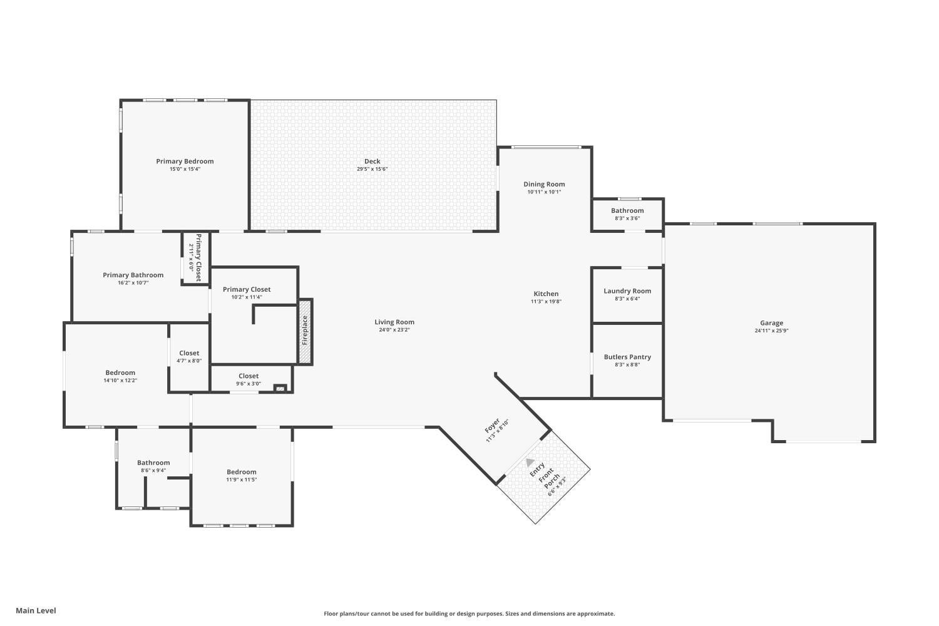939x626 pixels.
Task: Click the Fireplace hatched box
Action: tap(305, 332)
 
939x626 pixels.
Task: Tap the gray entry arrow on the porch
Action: tap(530, 461)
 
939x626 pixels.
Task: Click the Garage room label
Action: tap(771, 323)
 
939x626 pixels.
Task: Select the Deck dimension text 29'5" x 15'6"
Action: tap(372, 169)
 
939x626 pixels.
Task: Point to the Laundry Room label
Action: tap(627, 291)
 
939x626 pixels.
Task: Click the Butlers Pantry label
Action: tap(627, 357)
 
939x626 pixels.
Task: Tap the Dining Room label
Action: tap(544, 184)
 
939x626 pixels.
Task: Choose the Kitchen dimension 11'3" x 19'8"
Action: tap(546, 301)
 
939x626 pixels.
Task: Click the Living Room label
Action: tap(394, 322)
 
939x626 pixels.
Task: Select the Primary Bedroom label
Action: tap(185, 162)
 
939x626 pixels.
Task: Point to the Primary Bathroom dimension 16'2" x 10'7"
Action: tap(133, 282)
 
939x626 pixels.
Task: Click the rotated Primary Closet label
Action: tap(198, 257)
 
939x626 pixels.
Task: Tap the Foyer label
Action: tap(492, 425)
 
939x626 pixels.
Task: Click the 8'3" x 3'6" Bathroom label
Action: tap(627, 210)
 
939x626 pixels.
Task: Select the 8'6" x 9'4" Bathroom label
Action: tap(153, 463)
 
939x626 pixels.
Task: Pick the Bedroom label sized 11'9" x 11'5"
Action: tap(242, 472)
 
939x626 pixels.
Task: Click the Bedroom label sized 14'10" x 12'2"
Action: tap(120, 372)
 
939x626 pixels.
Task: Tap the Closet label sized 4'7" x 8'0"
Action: tap(189, 353)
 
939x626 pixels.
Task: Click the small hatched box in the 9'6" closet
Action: tap(280, 388)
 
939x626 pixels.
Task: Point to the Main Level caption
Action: tap(36, 610)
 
